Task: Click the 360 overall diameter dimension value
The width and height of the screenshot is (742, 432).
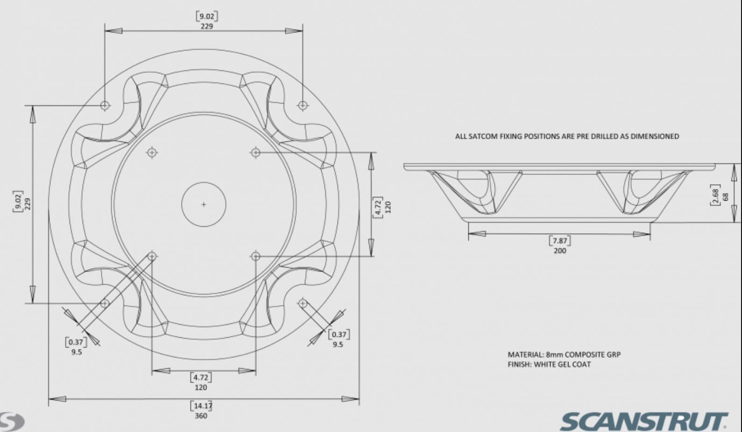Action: coord(201,416)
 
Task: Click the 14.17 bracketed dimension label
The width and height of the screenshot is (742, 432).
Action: coord(201,405)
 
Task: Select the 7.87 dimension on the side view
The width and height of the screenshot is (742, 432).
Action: coord(559,241)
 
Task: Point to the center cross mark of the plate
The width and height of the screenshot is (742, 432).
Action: coord(204,204)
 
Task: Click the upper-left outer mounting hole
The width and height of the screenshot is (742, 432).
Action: coord(105,105)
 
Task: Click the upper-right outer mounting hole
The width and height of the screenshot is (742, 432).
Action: coord(303,105)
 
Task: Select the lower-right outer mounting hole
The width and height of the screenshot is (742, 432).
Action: coord(303,304)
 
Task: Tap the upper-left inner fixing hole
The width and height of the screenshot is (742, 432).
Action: coord(152,153)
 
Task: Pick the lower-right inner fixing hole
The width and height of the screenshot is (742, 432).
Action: coord(255,256)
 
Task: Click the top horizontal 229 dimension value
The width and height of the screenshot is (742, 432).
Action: coord(206,26)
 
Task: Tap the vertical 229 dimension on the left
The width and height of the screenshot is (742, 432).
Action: coord(28,204)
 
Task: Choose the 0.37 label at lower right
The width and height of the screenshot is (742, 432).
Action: coord(339,334)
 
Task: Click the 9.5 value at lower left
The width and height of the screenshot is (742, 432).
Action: coord(77,352)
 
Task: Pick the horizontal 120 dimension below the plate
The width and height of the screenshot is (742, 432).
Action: coord(201,387)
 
